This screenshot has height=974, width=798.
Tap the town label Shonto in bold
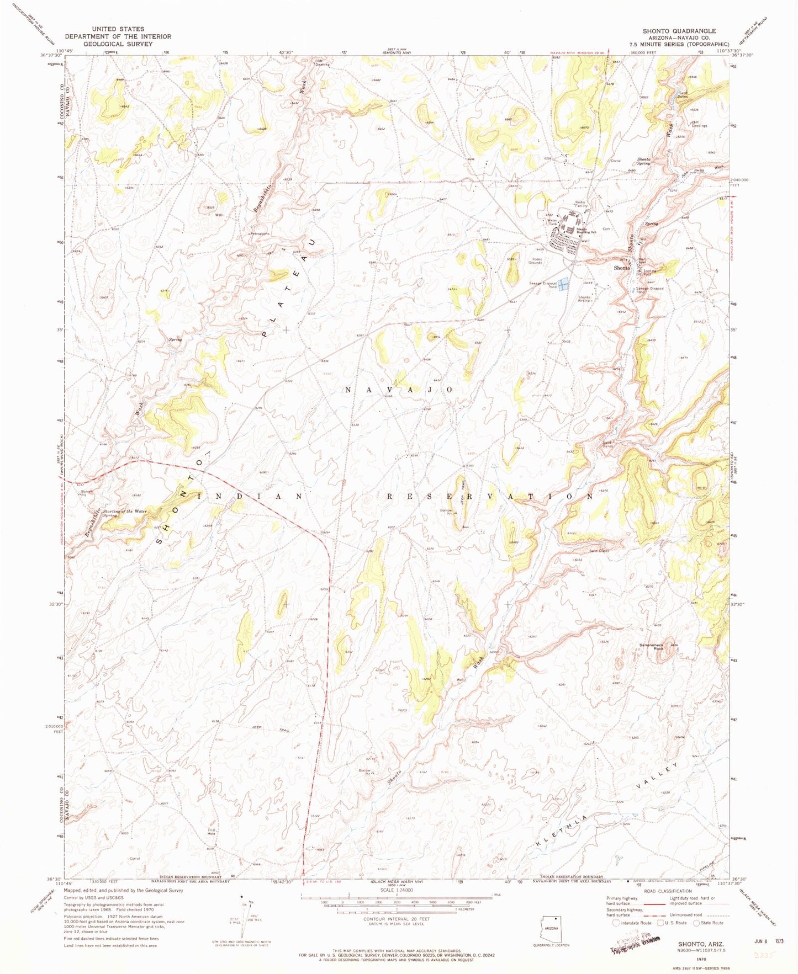pyautogui.click(x=622, y=268)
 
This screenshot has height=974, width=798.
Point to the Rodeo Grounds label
pyautogui.click(x=535, y=260)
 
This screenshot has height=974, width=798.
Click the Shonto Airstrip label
pyautogui.click(x=584, y=299)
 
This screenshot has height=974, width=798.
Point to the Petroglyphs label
pyautogui.click(x=260, y=233)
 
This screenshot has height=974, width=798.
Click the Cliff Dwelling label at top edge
pyautogui.click(x=322, y=62)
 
